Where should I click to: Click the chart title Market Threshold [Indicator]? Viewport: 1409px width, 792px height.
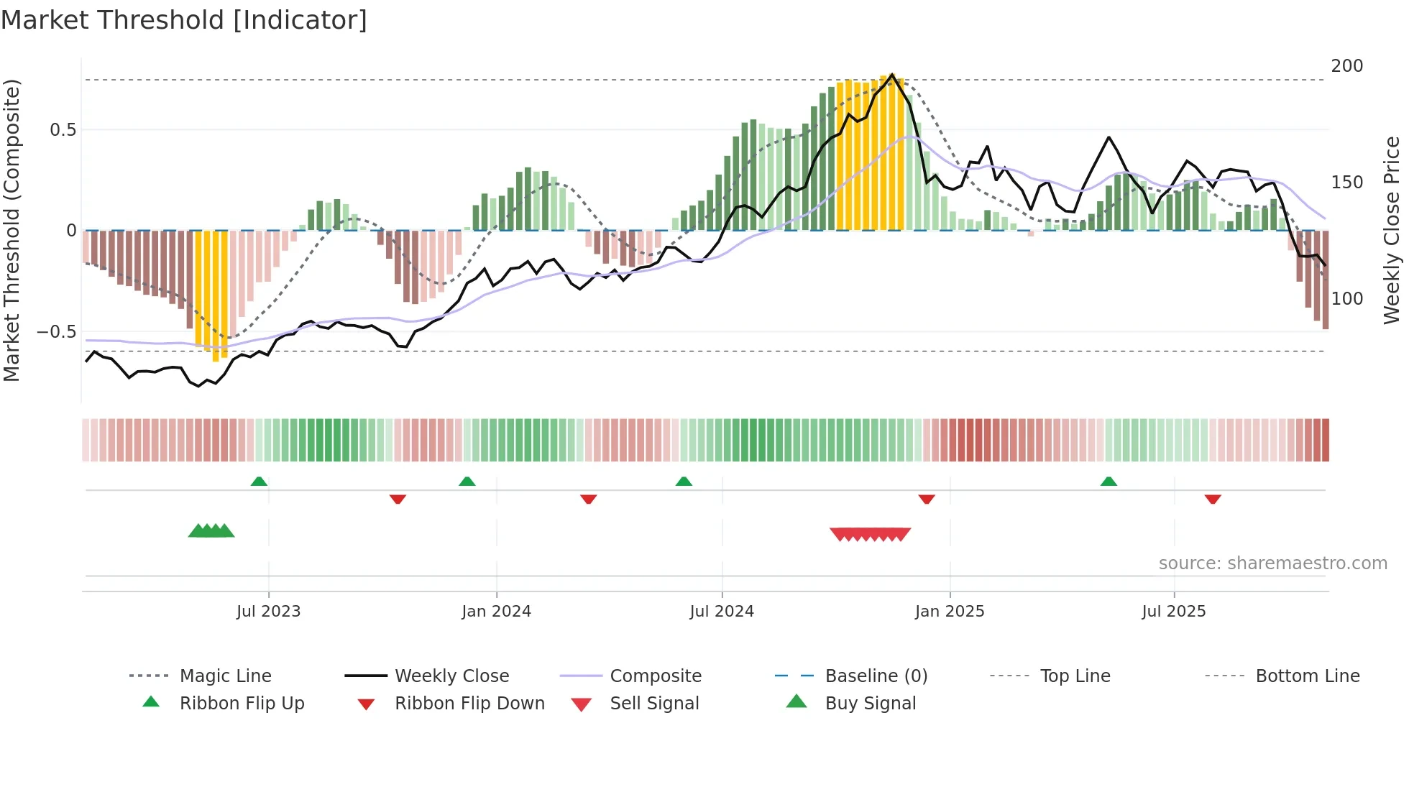pyautogui.click(x=184, y=20)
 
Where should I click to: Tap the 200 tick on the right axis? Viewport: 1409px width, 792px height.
pyautogui.click(x=1346, y=66)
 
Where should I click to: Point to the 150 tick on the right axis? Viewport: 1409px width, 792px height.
pyautogui.click(x=1346, y=183)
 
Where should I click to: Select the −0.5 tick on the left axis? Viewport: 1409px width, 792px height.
pyautogui.click(x=57, y=332)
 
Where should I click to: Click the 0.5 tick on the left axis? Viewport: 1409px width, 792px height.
pyautogui.click(x=63, y=130)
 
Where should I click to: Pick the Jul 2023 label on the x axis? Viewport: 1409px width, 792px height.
pyautogui.click(x=268, y=612)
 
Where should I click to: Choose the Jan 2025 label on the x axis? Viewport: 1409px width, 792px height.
pyautogui.click(x=949, y=612)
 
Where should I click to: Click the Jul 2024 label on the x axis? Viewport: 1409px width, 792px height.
pyautogui.click(x=721, y=612)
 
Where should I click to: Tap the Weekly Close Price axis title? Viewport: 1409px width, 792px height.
pyautogui.click(x=1392, y=230)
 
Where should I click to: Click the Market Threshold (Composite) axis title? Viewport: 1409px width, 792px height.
pyautogui.click(x=12, y=230)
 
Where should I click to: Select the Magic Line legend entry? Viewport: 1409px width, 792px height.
pyautogui.click(x=225, y=676)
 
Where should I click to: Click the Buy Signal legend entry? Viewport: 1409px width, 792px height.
pyautogui.click(x=870, y=704)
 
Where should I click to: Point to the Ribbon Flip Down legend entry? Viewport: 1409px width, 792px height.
pyautogui.click(x=469, y=704)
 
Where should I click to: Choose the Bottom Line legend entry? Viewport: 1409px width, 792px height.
pyautogui.click(x=1307, y=676)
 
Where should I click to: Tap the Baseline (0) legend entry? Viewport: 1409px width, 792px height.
pyautogui.click(x=876, y=676)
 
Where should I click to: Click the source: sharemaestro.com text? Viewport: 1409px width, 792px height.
pyautogui.click(x=1272, y=563)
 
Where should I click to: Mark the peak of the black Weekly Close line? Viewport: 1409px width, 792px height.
pyautogui.click(x=892, y=75)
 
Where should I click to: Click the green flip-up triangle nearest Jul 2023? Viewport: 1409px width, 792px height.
pyautogui.click(x=259, y=482)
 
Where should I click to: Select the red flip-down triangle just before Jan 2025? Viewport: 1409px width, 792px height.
pyautogui.click(x=926, y=499)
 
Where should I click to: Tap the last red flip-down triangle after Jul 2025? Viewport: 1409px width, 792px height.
pyautogui.click(x=1213, y=499)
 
